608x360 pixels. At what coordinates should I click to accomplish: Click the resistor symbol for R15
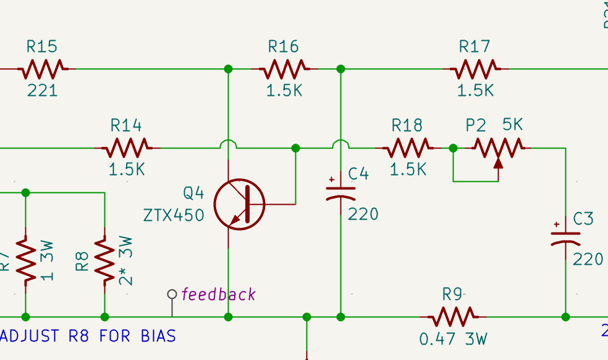[x=42, y=69]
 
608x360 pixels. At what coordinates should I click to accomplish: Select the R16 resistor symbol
[x=284, y=69]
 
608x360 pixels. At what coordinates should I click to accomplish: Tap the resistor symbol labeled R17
[x=475, y=69]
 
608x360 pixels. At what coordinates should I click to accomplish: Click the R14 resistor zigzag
[x=126, y=148]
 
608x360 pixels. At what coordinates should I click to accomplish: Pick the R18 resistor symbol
[x=407, y=148]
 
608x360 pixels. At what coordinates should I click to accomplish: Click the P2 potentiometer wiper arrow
[x=498, y=162]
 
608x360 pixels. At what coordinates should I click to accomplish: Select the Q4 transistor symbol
[x=239, y=204]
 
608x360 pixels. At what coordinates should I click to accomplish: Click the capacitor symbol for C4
[x=340, y=192]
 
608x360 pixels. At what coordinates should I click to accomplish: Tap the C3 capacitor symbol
[x=565, y=236]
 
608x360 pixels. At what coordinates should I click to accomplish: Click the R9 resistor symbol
[x=452, y=317]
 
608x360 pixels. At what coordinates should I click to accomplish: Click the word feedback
[x=219, y=294]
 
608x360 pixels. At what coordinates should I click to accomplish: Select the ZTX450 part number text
[x=174, y=216]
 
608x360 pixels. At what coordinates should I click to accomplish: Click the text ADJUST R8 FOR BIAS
[x=88, y=336]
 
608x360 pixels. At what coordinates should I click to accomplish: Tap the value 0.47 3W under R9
[x=454, y=340]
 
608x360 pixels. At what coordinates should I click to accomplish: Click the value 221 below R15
[x=42, y=90]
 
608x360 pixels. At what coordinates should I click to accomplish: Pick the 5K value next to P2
[x=512, y=125]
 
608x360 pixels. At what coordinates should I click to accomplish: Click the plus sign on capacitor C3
[x=557, y=225]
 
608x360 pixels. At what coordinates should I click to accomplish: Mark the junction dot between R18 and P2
[x=453, y=148]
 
